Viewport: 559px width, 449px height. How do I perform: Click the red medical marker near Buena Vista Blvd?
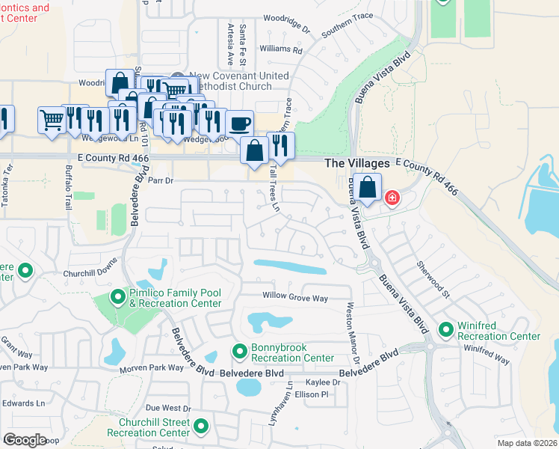[391, 198]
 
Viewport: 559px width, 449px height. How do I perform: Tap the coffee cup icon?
[239, 123]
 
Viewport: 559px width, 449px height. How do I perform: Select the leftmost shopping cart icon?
[52, 120]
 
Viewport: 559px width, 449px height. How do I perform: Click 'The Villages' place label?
[356, 163]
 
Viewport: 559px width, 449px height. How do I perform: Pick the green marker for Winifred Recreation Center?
[446, 329]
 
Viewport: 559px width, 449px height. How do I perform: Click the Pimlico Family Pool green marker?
[117, 298]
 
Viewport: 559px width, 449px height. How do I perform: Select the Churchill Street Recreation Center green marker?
[200, 427]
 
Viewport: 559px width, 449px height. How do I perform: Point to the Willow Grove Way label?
[295, 298]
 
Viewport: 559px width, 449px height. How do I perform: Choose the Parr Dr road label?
[161, 180]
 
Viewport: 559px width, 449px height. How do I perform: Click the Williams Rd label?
[280, 51]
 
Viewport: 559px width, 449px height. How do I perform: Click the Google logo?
[25, 440]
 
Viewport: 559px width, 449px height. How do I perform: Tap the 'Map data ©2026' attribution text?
[527, 443]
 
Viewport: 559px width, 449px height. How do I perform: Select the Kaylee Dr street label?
[326, 382]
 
